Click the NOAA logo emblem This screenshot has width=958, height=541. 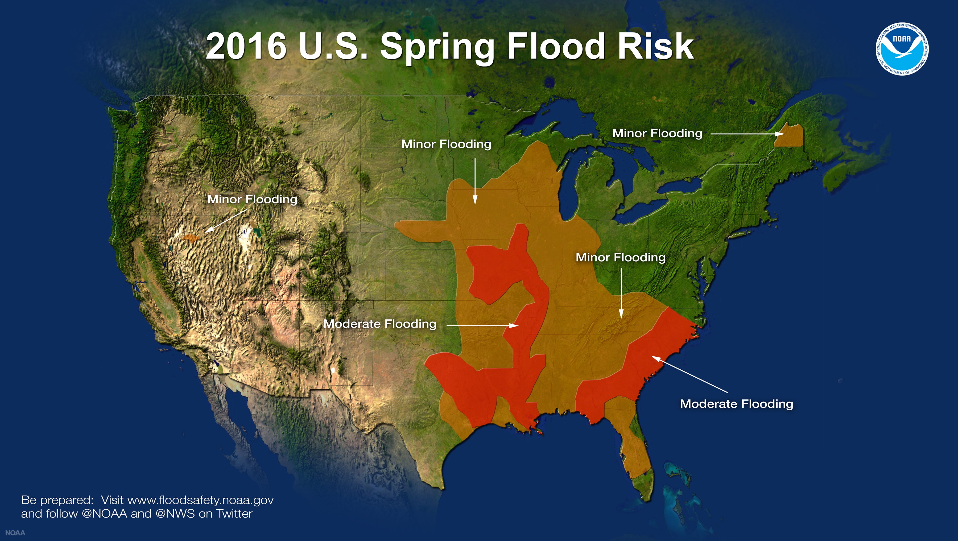click(x=902, y=49)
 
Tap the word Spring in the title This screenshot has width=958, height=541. click(x=437, y=48)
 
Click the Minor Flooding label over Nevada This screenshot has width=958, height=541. click(x=252, y=199)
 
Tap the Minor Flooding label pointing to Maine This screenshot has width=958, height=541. click(x=657, y=133)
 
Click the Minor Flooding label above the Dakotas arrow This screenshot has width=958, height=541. click(x=446, y=144)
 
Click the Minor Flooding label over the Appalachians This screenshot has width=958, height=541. click(x=620, y=257)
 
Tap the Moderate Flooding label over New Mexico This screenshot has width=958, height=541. click(x=380, y=324)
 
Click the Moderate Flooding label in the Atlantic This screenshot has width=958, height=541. click(x=736, y=404)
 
